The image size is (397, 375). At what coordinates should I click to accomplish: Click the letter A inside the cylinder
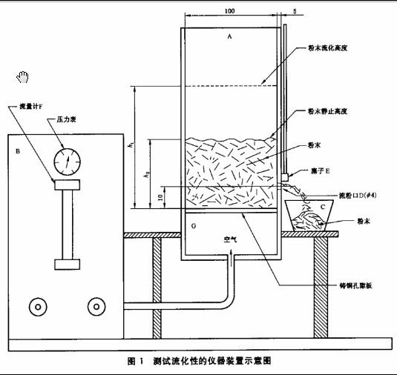click(230, 36)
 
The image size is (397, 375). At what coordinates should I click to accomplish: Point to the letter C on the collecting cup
click(322, 206)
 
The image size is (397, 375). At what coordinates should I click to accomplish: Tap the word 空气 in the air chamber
click(232, 240)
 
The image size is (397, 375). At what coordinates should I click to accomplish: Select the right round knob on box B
click(94, 305)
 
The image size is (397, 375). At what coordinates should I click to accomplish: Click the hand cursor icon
click(22, 76)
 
